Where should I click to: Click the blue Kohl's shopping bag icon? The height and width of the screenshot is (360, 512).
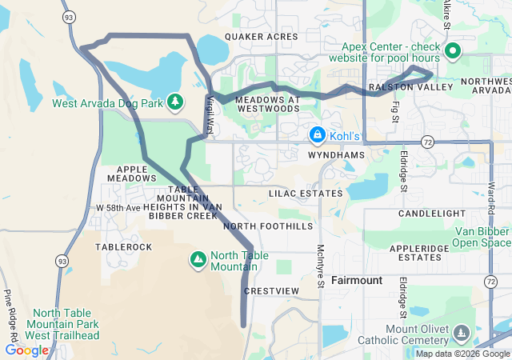pos(318,134)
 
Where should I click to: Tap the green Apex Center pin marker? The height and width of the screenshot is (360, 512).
pos(452,53)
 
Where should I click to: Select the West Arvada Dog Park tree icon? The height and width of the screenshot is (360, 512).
pos(175,102)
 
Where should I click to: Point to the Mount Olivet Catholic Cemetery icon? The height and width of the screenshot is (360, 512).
pos(460,332)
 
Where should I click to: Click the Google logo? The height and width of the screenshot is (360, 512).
pos(26,350)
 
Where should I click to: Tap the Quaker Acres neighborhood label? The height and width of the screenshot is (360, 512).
pos(262,37)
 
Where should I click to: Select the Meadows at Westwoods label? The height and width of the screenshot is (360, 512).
pos(268,104)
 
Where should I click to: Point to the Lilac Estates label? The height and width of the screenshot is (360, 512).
pos(306,194)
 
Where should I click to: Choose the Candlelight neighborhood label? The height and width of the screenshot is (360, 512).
pos(431,214)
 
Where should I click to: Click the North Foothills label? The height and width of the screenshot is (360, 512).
pos(268,226)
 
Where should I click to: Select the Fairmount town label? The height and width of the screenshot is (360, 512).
pos(356,281)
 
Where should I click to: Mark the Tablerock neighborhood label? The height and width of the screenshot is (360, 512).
pos(123,247)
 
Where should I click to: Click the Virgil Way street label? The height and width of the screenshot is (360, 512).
pos(210,114)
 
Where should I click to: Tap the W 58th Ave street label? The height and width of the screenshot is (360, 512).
pos(118,208)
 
